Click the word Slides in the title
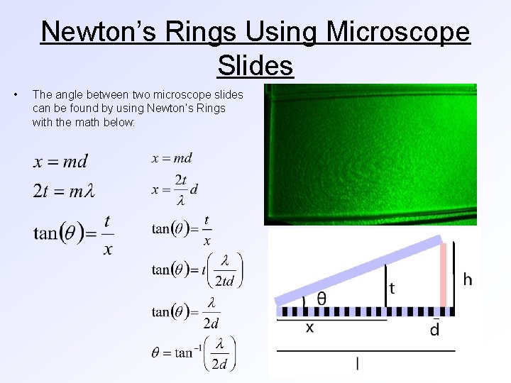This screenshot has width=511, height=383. tap(255, 65)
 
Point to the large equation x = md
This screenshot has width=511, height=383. tap(60, 162)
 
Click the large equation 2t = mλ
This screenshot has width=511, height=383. tap(64, 191)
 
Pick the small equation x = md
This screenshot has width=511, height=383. tap(172, 158)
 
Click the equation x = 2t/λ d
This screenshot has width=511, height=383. tap(175, 189)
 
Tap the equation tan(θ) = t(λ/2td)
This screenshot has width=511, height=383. tap(197, 270)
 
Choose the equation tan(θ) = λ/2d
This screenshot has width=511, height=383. tap(185, 312)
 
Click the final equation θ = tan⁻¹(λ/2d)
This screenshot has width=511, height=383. tap(193, 353)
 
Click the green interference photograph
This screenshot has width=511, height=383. tap(370, 154)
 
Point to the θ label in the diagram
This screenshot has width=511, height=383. tap(321, 298)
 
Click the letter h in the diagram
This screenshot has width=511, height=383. tap(467, 279)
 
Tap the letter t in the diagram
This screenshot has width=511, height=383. tap(392, 289)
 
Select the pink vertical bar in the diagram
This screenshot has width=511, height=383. tap(444, 277)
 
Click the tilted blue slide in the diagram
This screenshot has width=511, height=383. tap(358, 270)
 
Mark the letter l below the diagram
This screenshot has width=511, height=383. tap(357, 363)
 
